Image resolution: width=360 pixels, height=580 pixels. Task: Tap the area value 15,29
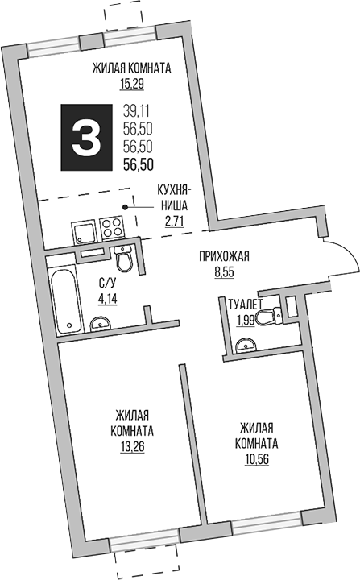[x=130, y=83]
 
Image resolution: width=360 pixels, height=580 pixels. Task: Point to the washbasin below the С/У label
[x=101, y=323]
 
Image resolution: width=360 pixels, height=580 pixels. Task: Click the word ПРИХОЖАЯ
[x=225, y=257]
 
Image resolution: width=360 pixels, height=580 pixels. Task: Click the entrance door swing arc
[x=342, y=258]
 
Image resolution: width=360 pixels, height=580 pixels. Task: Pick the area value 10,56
[x=257, y=459]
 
